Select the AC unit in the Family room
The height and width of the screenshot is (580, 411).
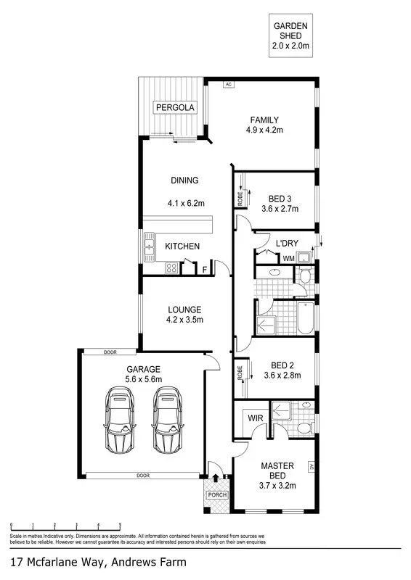coord(228,84)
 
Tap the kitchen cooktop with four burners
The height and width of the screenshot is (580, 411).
coord(173,268)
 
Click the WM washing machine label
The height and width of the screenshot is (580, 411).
coord(288,258)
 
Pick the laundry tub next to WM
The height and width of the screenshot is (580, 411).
coord(307,257)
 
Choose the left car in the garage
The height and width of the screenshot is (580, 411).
coord(120,421)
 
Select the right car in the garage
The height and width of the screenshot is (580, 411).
coord(167,421)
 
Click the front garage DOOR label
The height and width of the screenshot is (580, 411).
coord(141,476)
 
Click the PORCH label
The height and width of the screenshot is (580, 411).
coord(217,496)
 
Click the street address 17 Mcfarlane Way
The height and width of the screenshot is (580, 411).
coord(98,562)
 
